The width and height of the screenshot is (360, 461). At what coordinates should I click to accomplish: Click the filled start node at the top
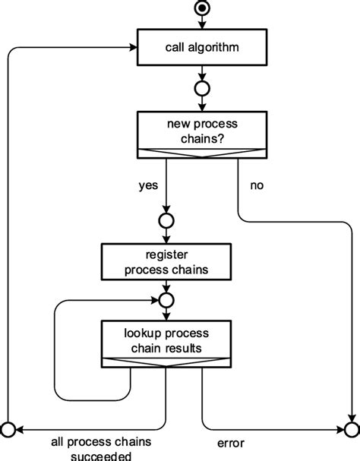tap(202, 9)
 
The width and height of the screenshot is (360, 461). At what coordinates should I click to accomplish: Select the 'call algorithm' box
tap(202, 49)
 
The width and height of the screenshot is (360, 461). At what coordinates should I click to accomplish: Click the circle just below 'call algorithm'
tap(202, 89)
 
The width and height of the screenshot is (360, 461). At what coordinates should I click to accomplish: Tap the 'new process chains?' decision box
tap(202, 131)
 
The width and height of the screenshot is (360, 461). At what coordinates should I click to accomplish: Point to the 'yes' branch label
tap(148, 185)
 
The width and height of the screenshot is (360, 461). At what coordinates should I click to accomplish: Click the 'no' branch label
tap(257, 185)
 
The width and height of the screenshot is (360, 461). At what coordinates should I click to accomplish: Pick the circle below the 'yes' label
tap(166, 221)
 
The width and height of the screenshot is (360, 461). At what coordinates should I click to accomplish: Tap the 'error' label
tap(232, 441)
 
